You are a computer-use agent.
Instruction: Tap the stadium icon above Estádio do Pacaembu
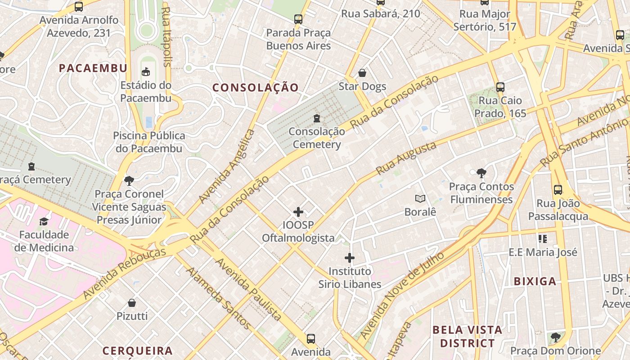click(x=146, y=72)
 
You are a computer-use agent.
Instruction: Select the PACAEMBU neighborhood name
click(x=93, y=68)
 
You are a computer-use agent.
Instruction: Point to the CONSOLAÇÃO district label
click(x=255, y=88)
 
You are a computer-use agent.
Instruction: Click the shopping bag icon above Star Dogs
click(x=362, y=73)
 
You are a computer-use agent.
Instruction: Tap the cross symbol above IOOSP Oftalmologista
click(x=298, y=212)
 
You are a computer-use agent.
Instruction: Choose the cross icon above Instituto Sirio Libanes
click(x=350, y=258)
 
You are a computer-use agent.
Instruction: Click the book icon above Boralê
click(x=420, y=198)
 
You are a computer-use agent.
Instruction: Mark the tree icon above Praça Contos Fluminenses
click(x=481, y=173)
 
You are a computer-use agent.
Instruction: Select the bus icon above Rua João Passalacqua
click(x=558, y=190)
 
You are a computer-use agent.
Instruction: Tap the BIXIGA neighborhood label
click(x=535, y=282)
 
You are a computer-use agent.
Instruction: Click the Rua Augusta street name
click(x=406, y=158)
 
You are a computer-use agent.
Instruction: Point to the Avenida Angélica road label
click(x=227, y=166)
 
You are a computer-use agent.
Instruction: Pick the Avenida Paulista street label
click(x=248, y=289)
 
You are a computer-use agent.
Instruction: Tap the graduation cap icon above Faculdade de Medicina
click(x=44, y=221)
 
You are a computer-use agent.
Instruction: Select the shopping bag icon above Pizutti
click(x=132, y=303)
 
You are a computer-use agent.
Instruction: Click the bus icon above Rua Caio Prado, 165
click(x=500, y=87)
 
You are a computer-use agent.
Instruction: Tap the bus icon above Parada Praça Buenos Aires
click(x=298, y=19)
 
